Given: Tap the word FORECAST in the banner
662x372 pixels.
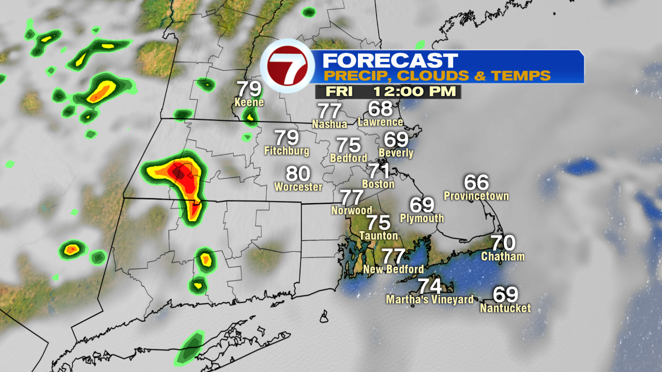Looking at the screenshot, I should click(390, 60).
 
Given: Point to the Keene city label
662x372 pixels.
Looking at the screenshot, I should click(249, 102).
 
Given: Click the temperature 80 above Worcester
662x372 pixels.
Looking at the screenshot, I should click(298, 174).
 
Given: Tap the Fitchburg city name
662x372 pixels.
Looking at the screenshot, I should click(287, 151).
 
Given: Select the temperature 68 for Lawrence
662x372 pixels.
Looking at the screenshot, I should click(381, 109).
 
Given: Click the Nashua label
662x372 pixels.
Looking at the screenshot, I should click(329, 124).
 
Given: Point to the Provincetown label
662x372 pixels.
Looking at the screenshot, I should click(476, 196).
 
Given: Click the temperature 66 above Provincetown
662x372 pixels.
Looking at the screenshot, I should click(476, 182).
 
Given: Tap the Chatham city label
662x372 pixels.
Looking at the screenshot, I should click(503, 256).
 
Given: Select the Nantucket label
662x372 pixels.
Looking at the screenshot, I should click(505, 308).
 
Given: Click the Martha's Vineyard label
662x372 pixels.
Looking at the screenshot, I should click(430, 300).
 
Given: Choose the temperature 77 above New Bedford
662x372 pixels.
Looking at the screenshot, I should click(393, 256).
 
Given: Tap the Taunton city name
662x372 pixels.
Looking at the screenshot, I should click(379, 236).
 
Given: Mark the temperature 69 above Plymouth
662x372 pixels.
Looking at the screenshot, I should click(422, 205).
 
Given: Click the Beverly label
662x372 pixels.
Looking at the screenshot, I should click(396, 153).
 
